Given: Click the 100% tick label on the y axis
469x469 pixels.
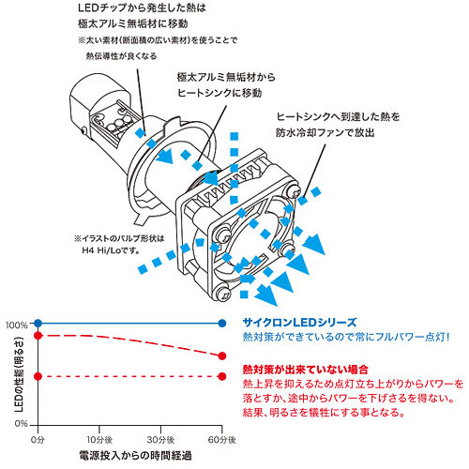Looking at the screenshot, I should (17, 325).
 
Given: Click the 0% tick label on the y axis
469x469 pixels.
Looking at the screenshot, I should (21, 427).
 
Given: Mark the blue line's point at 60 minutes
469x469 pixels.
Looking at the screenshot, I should (221, 325).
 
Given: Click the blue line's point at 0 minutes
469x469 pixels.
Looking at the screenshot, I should (37, 325).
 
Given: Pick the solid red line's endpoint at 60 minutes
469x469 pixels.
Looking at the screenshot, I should (221, 356).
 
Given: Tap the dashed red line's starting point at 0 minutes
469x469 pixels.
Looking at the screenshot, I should (37, 377).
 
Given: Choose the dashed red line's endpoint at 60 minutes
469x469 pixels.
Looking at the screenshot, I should (221, 377).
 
